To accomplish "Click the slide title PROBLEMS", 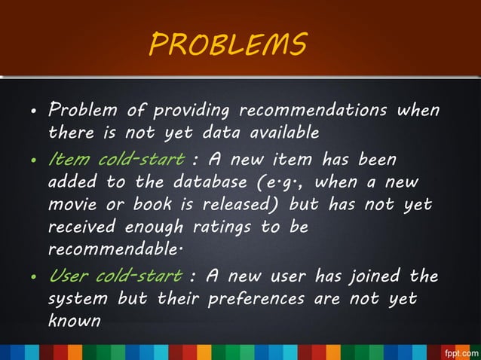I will (228, 44).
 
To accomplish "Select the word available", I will (277, 133).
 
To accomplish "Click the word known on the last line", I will (74, 321).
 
